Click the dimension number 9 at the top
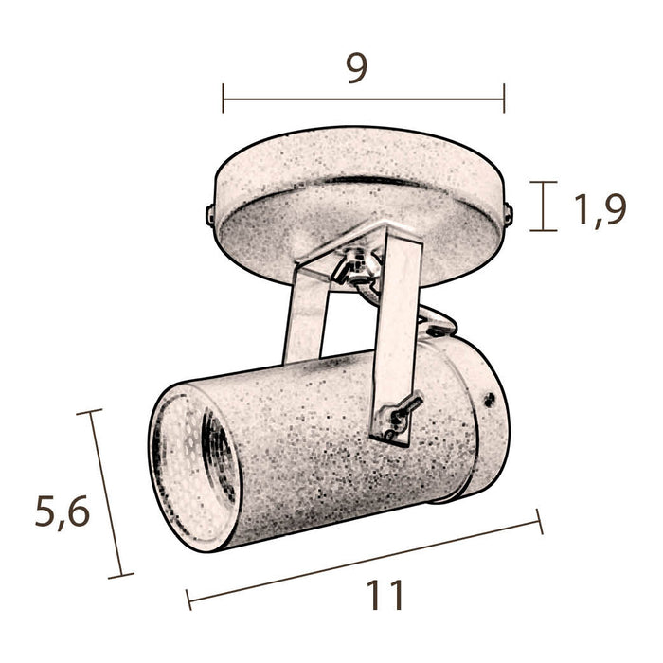(x=357, y=68)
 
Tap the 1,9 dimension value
(x=600, y=208)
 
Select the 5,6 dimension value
(x=62, y=512)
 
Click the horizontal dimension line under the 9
(x=364, y=98)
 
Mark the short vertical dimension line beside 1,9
(x=541, y=206)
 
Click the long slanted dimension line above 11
(x=365, y=559)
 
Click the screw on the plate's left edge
(x=209, y=213)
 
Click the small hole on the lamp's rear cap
(x=489, y=399)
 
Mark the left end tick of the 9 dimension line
(x=224, y=98)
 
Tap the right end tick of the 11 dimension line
(x=540, y=521)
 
